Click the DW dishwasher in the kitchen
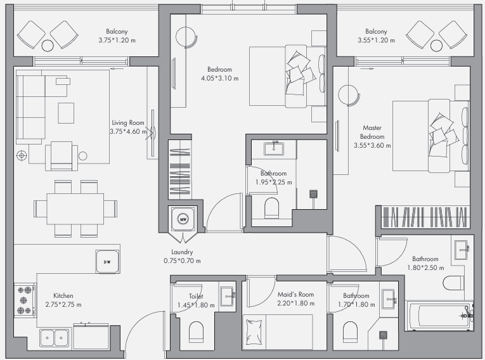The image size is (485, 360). (x=107, y=262)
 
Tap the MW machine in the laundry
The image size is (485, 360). (x=183, y=219)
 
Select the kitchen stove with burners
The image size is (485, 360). (x=25, y=300)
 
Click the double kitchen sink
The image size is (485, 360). (x=55, y=338)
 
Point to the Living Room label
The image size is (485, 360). (x=128, y=122)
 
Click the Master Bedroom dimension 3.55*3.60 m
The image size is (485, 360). (x=372, y=145)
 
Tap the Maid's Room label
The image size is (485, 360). (x=295, y=295)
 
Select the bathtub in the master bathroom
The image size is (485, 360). (x=440, y=316)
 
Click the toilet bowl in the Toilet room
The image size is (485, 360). (x=196, y=331)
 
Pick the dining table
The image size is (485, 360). (x=75, y=209)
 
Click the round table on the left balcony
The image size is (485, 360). (x=48, y=46)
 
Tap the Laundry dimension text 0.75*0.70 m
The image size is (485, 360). (x=182, y=260)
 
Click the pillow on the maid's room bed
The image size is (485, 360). (x=254, y=332)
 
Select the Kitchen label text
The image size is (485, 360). (x=63, y=296)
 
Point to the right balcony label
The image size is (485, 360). (x=376, y=31)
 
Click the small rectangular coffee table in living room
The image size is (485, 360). (x=66, y=113)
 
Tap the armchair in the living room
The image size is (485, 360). (x=61, y=156)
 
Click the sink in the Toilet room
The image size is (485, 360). (x=228, y=296)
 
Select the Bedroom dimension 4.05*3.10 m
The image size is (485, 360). (x=219, y=78)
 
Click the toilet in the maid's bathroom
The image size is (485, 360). (x=350, y=331)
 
